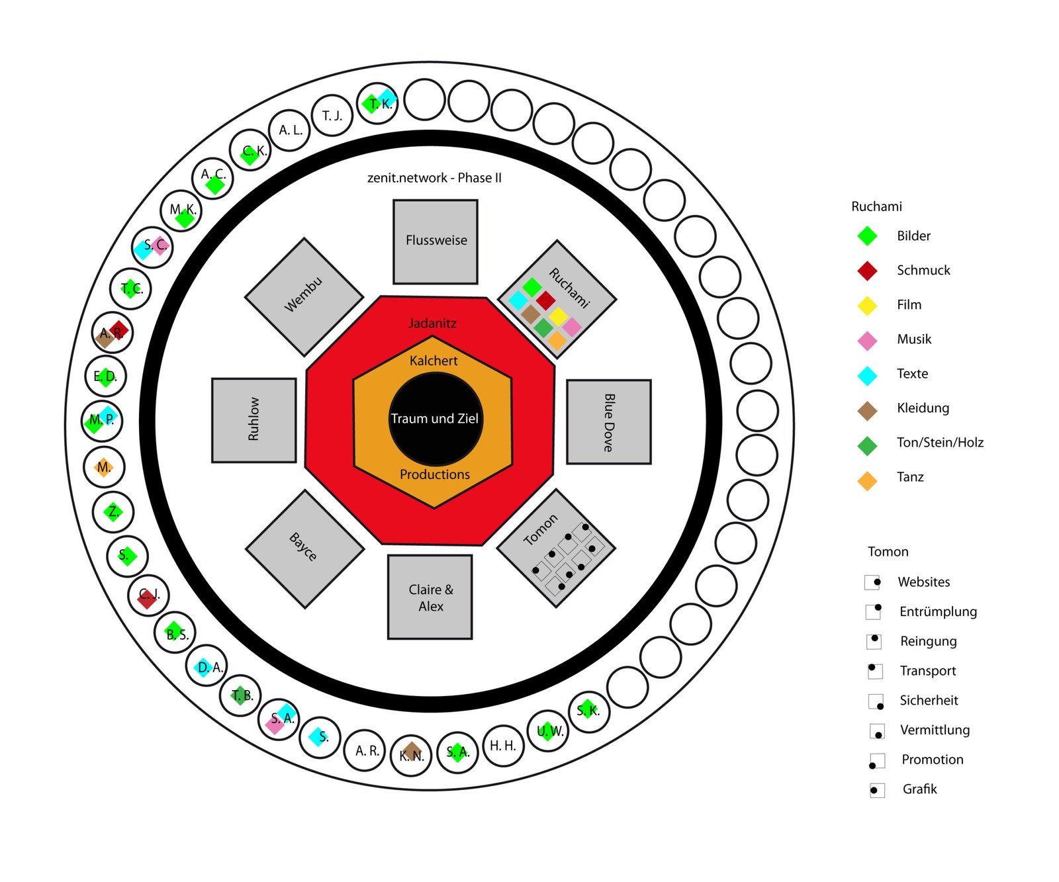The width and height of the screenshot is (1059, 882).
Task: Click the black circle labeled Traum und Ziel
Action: tap(436, 419)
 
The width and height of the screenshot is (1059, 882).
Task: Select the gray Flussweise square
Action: tap(436, 242)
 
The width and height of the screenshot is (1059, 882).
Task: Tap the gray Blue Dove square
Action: tap(609, 422)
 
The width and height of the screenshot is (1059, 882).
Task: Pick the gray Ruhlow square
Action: tap(254, 420)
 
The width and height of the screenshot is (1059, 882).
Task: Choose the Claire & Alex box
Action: tap(430, 597)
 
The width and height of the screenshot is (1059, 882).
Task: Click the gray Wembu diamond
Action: tap(304, 297)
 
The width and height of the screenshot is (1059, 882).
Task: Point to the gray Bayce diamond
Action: tap(305, 549)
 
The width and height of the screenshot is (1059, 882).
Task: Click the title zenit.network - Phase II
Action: tap(434, 178)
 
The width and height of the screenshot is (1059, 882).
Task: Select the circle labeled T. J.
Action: tap(332, 116)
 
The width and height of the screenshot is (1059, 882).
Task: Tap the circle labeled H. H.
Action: tap(503, 746)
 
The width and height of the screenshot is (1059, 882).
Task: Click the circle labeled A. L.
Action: tap(291, 130)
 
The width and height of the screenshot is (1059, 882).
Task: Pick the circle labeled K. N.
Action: tap(411, 755)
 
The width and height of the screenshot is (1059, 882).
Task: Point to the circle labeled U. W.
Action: tap(548, 731)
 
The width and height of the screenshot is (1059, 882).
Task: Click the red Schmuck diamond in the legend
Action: tap(867, 271)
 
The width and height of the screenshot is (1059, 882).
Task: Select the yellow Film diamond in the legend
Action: tap(867, 305)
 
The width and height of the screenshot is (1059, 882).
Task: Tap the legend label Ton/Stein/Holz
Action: tap(940, 443)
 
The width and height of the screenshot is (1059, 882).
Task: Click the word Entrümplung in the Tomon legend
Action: tap(938, 612)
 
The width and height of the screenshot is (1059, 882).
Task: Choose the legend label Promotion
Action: tap(933, 760)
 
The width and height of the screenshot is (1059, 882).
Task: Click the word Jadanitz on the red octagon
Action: tap(433, 324)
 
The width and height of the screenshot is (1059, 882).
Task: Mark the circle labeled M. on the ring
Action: tap(104, 467)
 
